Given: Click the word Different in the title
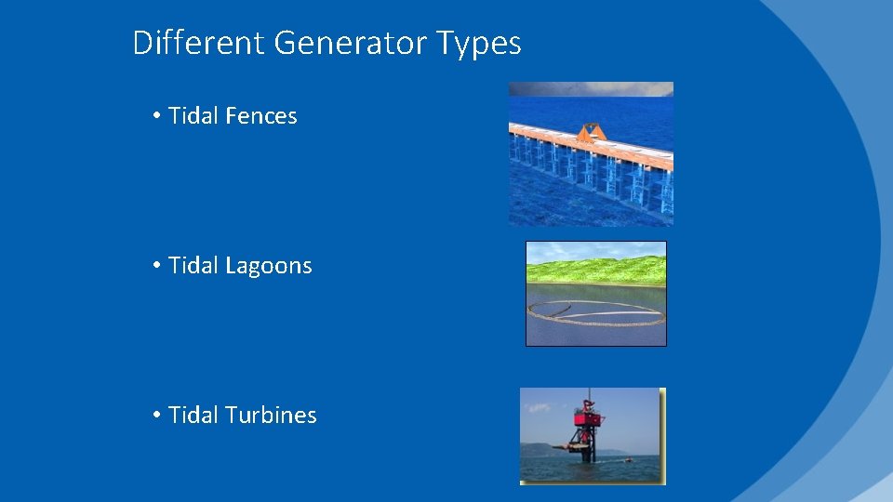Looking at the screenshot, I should point(198,43).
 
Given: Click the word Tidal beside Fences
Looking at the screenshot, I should point(193,116).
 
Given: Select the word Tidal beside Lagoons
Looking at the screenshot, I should point(193,266).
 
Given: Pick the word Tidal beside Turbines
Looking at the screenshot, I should point(193,416).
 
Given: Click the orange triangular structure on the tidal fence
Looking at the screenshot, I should point(591,133).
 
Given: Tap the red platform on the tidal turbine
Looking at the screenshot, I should point(587,419).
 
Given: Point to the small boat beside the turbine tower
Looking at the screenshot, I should point(629,459).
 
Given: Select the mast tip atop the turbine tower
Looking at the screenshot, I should point(589,391).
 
